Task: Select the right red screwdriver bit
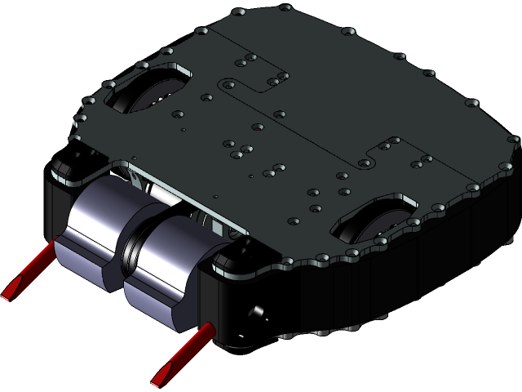coord(184,354)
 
